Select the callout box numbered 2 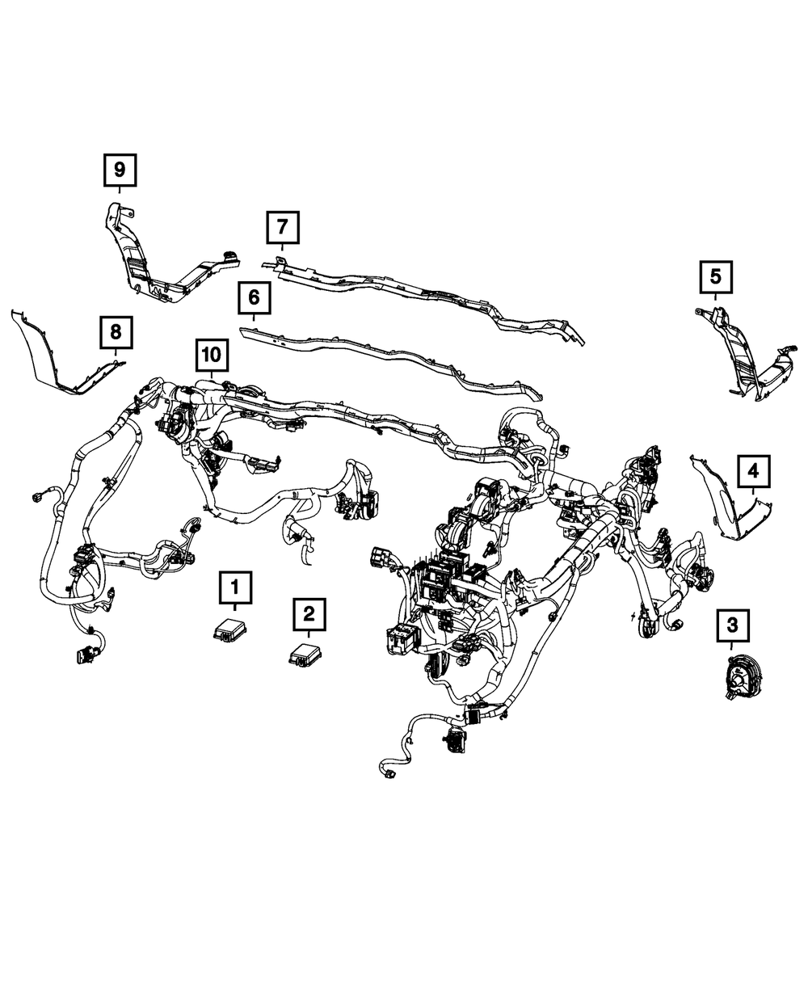click(x=308, y=614)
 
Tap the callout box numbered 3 click(x=732, y=625)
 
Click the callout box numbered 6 click(x=254, y=298)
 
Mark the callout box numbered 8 click(x=116, y=331)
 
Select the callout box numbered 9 click(x=120, y=170)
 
